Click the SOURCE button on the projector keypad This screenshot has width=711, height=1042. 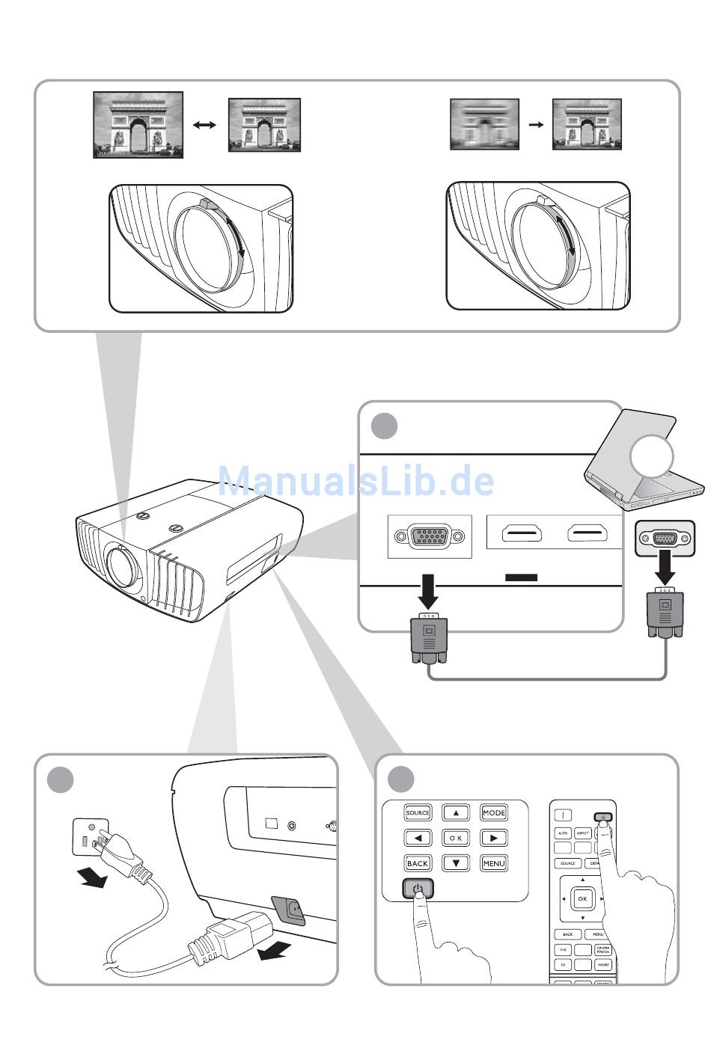click(x=418, y=813)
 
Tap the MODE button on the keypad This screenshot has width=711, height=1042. click(x=494, y=813)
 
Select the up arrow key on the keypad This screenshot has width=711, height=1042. click(x=456, y=813)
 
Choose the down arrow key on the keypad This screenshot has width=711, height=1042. click(x=456, y=863)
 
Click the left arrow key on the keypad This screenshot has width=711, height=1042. click(x=418, y=839)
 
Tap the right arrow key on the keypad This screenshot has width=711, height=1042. click(x=494, y=839)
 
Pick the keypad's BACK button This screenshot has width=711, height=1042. click(x=418, y=863)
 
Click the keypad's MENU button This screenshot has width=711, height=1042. click(x=494, y=863)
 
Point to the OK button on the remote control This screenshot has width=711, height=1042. click(x=582, y=898)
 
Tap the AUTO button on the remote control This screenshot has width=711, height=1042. click(x=563, y=833)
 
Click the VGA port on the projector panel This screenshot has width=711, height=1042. click(x=430, y=536)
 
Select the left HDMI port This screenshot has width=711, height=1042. click(x=521, y=534)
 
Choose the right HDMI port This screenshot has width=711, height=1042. click(x=587, y=534)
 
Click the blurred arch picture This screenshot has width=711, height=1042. click(x=484, y=124)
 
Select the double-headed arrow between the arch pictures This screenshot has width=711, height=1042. click(x=204, y=125)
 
